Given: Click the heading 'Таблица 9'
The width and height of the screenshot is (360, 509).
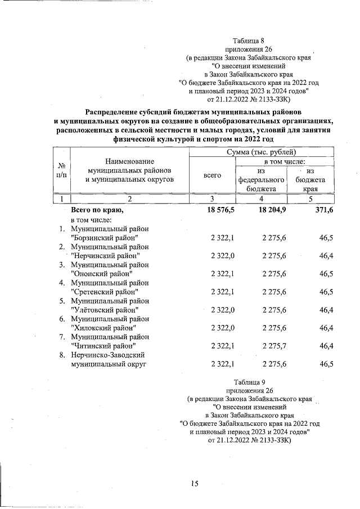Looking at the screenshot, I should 248,381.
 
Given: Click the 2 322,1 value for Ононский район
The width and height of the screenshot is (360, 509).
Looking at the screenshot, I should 222,273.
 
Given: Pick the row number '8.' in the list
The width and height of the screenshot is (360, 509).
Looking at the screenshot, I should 62,355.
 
